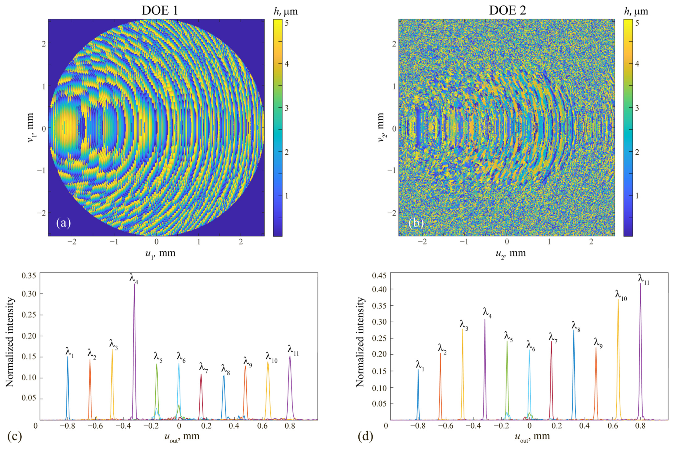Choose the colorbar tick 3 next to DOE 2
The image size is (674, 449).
pos(637,108)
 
